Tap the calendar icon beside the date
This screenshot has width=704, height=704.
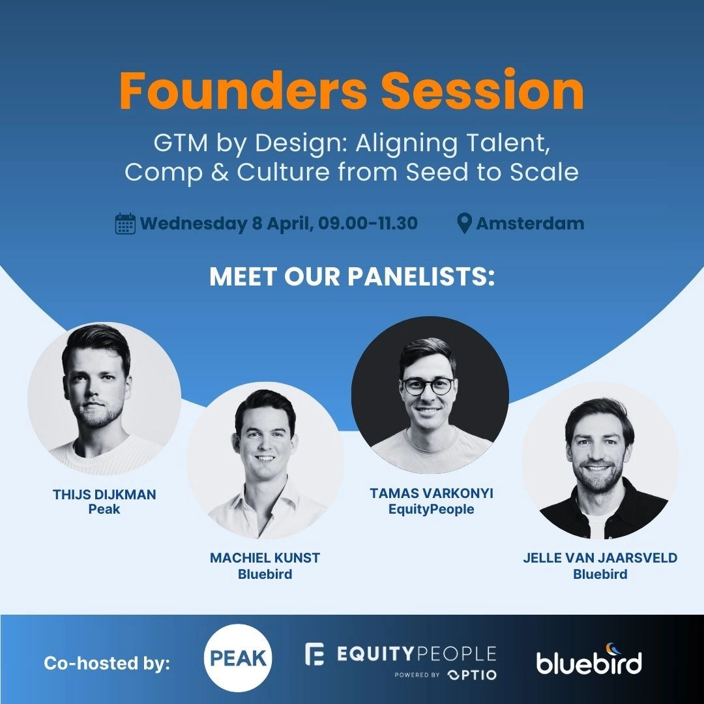125,224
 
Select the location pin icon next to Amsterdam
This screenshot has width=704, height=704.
464,224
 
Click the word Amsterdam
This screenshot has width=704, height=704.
530,224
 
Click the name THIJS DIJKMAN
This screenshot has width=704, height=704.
104,495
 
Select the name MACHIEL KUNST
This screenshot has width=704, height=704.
265,559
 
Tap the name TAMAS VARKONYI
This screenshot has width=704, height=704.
431,493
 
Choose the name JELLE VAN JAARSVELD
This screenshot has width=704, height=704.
600,558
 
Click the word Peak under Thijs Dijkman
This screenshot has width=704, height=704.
104,509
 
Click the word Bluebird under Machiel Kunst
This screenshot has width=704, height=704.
265,574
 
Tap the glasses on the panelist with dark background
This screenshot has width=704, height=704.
428,385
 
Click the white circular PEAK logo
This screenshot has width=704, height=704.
238,658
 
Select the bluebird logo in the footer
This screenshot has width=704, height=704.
589,663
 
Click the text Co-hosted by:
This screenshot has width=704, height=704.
107,664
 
